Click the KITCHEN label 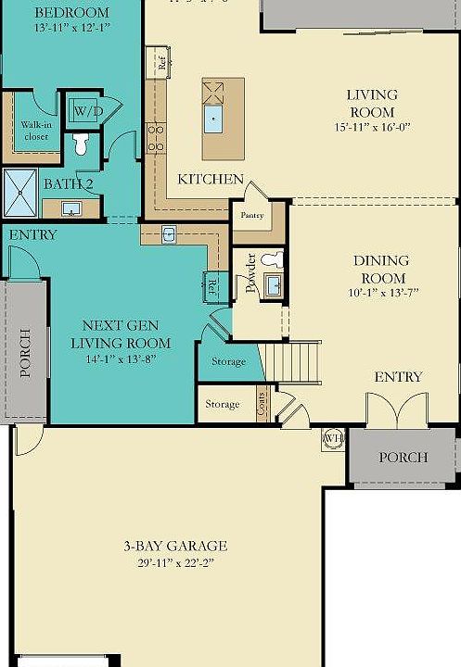click(211, 179)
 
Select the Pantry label click(251, 215)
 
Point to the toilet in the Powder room click(272, 259)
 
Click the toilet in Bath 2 click(81, 143)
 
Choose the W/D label click(88, 111)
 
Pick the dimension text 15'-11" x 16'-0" click(371, 127)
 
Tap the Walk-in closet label click(36, 130)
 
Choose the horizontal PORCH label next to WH click(403, 457)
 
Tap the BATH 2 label click(68, 183)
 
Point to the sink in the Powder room click(273, 284)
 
